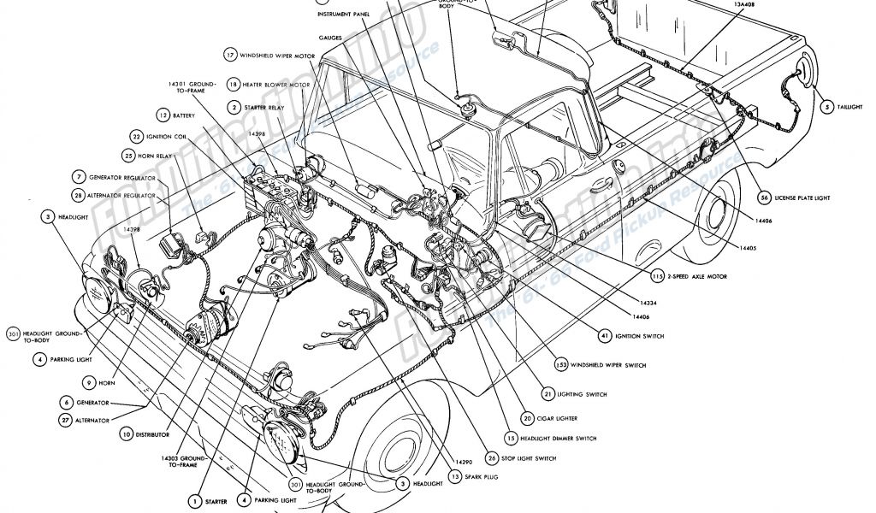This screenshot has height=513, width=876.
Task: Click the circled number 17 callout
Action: (x=230, y=54)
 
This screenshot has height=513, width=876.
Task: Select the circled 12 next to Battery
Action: (x=162, y=114)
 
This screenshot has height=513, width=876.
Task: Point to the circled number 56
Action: (x=763, y=198)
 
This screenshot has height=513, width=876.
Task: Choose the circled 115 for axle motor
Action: (x=656, y=277)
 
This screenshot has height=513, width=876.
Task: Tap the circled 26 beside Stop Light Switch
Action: (x=492, y=457)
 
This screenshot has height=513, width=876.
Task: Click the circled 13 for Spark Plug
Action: (x=457, y=476)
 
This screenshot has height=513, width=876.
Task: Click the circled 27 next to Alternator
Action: (x=65, y=420)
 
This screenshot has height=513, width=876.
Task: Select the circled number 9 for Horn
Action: (x=88, y=382)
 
